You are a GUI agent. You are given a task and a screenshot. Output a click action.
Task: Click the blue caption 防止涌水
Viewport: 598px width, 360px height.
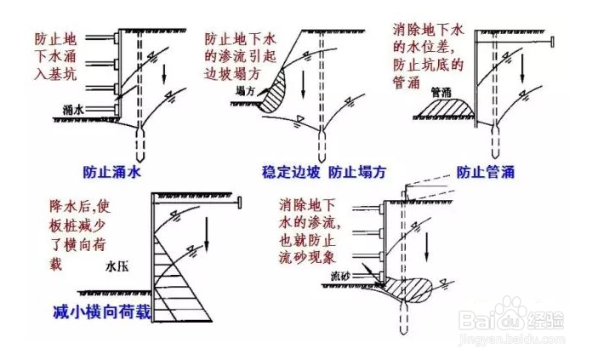tap(112, 172)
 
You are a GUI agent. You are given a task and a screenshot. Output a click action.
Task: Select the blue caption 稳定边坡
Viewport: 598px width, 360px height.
tap(291, 172)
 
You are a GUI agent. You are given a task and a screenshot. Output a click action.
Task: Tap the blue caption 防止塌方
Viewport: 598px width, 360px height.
tap(356, 172)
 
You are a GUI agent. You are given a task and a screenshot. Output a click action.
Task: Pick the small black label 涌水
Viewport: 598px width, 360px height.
tap(74, 109)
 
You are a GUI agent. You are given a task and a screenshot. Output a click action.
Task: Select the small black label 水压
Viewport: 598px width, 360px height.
tap(116, 266)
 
